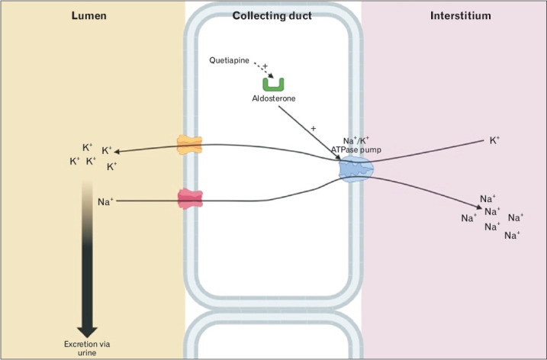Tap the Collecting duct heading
pyautogui.click(x=272, y=14)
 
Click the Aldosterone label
pyautogui.click(x=274, y=99)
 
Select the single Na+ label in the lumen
pyautogui.click(x=105, y=202)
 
